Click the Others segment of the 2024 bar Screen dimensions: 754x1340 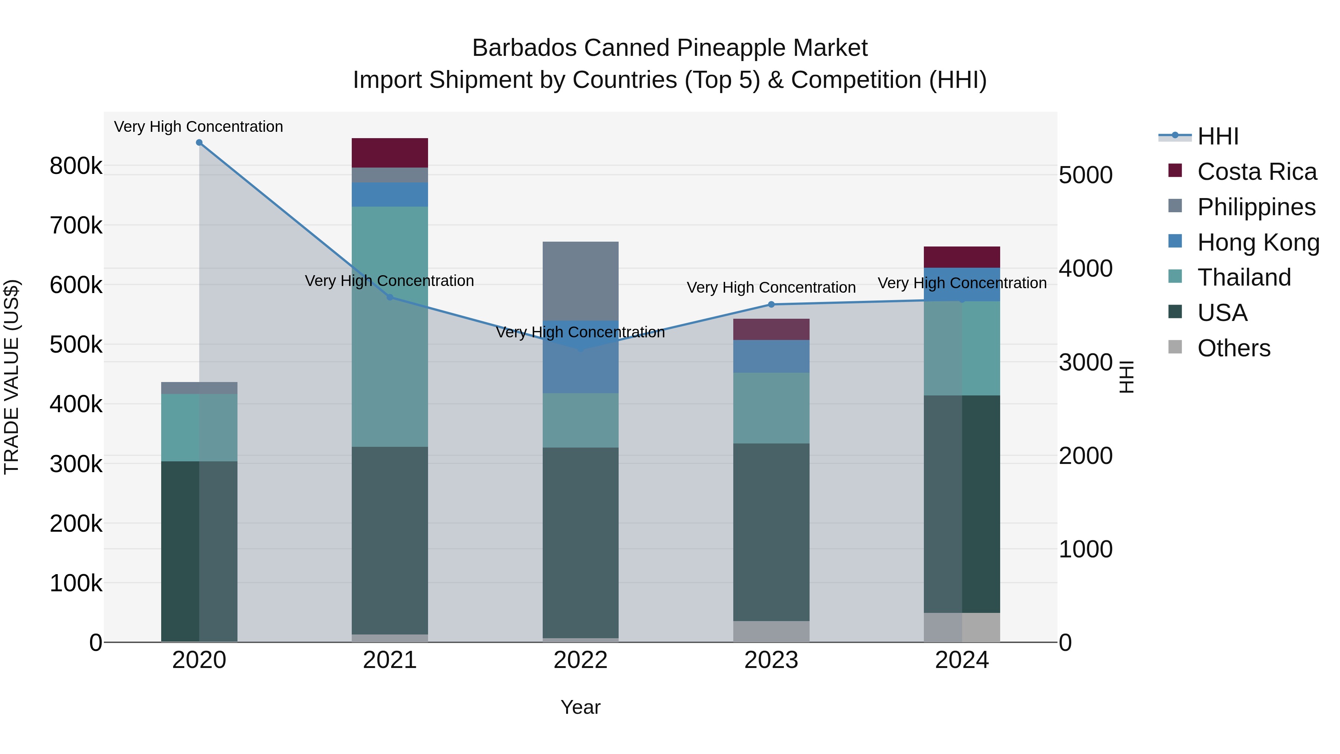pyautogui.click(x=961, y=627)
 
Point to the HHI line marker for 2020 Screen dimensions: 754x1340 pyautogui.click(x=199, y=143)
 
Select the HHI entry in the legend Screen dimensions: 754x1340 pyautogui.click(x=1217, y=136)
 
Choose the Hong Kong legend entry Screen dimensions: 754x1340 pyautogui.click(x=1257, y=242)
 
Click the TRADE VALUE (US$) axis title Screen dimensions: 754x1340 pyautogui.click(x=12, y=377)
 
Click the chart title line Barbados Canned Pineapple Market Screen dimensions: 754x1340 pyautogui.click(x=670, y=48)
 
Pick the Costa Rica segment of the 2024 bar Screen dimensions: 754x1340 pyautogui.click(x=961, y=257)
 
